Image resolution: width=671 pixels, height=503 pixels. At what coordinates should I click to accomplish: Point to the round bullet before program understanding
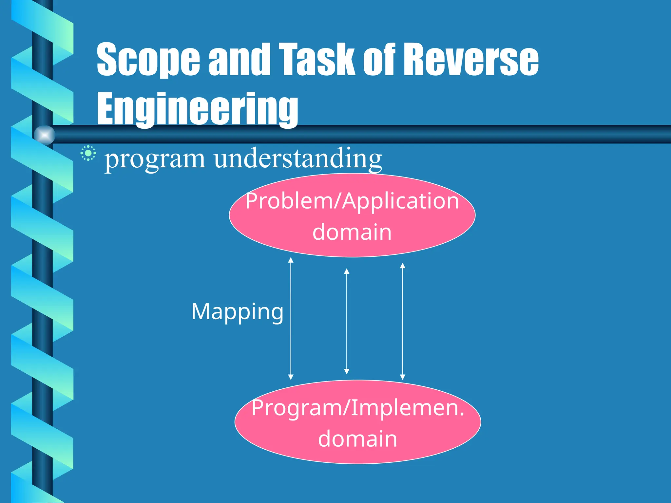(88, 153)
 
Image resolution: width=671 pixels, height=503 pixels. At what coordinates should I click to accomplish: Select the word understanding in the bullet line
(298, 158)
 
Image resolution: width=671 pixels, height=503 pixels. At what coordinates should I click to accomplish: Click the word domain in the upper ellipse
(352, 232)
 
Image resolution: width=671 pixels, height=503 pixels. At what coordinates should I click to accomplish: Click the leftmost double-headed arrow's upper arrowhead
(291, 260)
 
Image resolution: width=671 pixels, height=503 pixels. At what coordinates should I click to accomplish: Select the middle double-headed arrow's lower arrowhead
(347, 371)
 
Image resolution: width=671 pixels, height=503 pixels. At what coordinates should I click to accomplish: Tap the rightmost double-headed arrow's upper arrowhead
(403, 266)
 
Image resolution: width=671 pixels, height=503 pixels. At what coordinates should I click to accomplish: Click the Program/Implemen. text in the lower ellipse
(358, 408)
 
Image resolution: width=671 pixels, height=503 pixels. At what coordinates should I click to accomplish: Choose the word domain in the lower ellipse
(358, 438)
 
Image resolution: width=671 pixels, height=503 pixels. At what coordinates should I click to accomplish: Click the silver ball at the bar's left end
(45, 135)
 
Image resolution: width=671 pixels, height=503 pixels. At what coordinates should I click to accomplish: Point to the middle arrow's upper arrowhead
(347, 271)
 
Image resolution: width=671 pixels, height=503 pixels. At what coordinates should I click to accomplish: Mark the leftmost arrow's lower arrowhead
(291, 377)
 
